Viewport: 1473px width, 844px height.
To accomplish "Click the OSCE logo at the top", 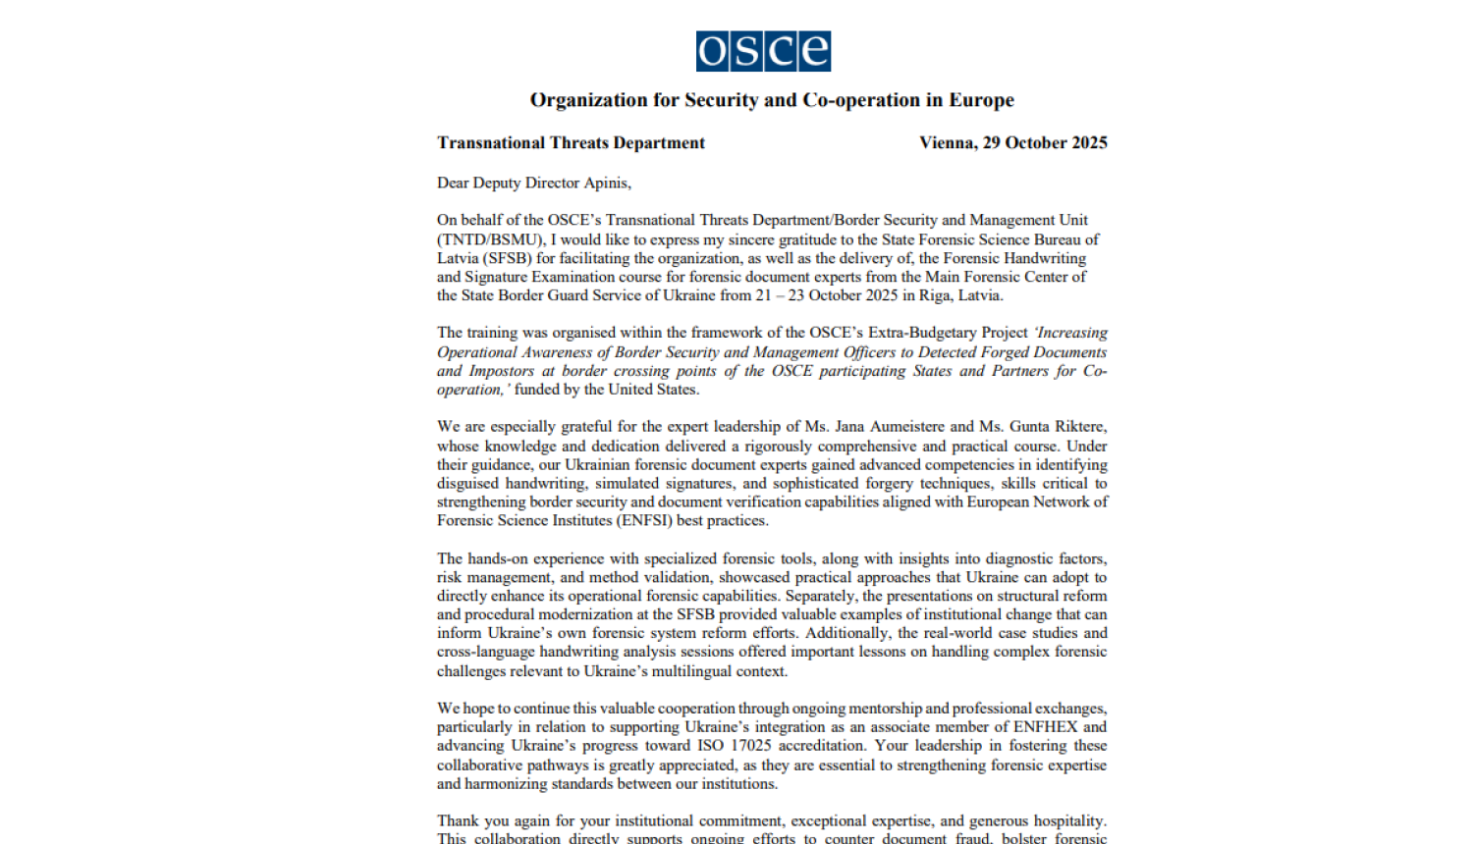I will click(x=763, y=51).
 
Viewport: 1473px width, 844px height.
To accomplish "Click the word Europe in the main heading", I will click(x=981, y=100).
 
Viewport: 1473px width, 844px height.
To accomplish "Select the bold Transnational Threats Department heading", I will click(x=571, y=143).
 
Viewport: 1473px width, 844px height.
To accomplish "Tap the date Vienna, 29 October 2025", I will click(x=1012, y=143).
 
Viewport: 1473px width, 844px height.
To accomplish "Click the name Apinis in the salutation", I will click(x=605, y=184).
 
